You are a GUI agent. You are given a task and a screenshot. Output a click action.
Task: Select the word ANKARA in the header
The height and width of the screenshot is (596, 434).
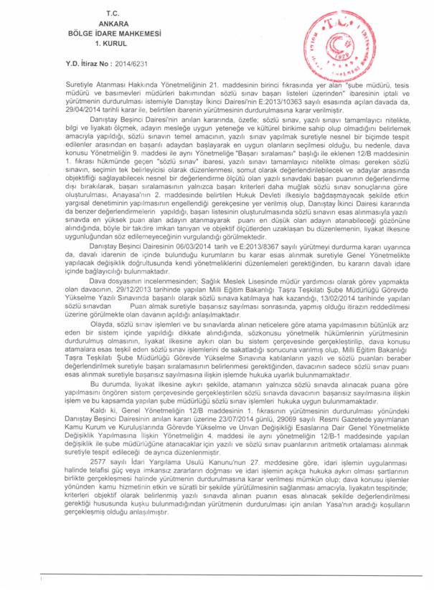[111, 24]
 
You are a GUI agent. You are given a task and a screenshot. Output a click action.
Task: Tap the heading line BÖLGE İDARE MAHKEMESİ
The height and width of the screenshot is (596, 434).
[112, 34]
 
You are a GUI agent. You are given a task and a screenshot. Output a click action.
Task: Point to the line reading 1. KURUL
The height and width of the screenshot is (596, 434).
[111, 43]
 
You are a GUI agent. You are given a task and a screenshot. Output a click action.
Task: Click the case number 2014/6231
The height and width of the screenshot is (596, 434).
[113, 64]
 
